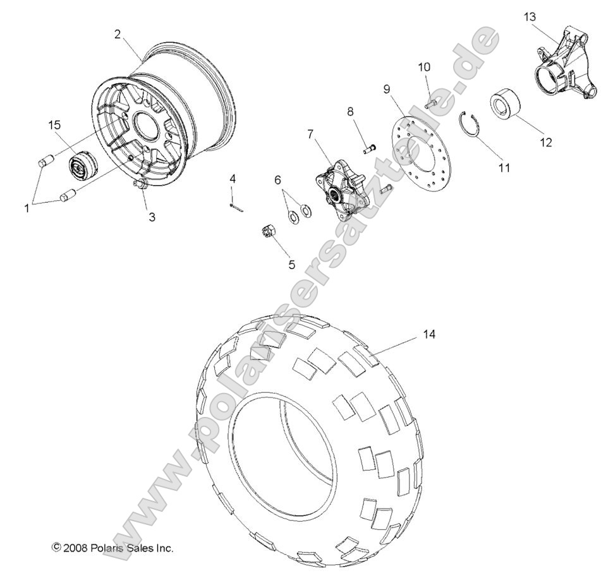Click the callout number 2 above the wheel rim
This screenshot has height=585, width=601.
[x=118, y=34]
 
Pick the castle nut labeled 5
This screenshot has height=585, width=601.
[x=268, y=232]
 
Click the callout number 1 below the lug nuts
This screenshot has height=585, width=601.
[x=27, y=208]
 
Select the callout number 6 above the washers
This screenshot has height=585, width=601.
[x=277, y=180]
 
